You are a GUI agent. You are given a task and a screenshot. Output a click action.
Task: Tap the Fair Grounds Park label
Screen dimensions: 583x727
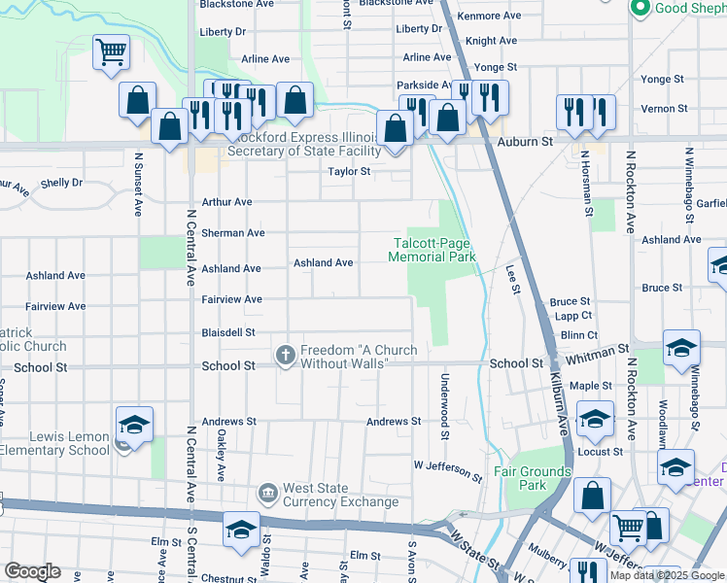pos(533,478)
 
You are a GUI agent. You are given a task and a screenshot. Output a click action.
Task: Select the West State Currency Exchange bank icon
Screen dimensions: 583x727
pos(267,495)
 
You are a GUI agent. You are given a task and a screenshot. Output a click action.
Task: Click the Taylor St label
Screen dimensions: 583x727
pos(349,171)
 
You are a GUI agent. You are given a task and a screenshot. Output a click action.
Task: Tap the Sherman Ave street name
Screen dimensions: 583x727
pos(232,233)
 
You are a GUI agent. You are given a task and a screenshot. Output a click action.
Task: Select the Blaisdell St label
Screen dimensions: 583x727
pos(227,332)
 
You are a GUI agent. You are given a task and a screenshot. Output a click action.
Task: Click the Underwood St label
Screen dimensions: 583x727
pos(445,406)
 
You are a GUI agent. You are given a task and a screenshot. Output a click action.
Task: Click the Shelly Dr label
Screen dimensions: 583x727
pos(61,183)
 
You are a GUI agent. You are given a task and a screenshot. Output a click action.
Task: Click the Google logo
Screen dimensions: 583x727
pos(31,571)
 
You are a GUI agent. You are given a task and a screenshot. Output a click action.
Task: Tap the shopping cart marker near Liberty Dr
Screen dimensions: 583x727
pos(111,52)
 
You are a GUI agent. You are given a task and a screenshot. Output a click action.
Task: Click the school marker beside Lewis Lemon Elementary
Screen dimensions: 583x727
pos(134,426)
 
